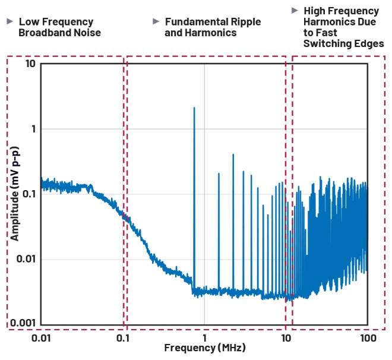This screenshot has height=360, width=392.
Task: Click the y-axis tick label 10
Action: point(29,64)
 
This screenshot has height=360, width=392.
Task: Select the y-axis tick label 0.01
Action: point(25,258)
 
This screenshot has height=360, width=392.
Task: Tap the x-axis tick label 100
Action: point(368,339)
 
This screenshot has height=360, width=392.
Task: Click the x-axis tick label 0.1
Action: point(124,339)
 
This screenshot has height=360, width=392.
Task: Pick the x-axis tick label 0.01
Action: point(40,339)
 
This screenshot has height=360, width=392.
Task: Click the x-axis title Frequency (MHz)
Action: point(205,347)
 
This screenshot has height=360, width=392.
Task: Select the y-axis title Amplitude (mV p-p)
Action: point(14,194)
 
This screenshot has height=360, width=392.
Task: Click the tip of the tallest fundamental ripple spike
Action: point(194,108)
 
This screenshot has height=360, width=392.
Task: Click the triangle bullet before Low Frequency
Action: point(10,22)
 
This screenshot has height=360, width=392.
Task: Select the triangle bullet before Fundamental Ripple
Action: point(156,22)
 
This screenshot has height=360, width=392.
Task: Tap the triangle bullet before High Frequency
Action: point(295,11)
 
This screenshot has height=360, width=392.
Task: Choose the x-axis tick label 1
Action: point(204,339)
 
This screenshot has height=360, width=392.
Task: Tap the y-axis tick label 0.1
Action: point(27,194)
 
